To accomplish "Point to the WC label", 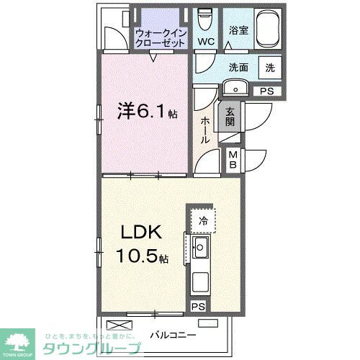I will point(206,42).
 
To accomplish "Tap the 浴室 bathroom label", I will point(238,30).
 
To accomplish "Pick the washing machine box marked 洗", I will point(270,68).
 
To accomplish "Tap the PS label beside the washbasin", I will point(267,91).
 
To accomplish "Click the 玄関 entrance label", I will point(230,117).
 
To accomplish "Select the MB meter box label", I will point(234,159).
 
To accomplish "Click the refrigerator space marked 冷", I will point(204,221).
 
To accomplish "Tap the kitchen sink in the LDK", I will point(201,249).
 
